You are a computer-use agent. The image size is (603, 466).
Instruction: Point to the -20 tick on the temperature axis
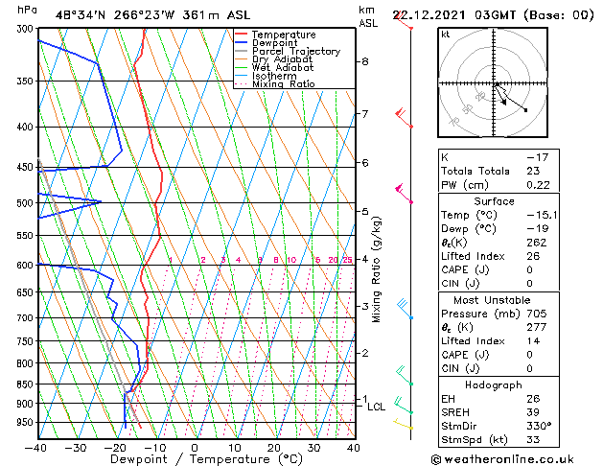115,447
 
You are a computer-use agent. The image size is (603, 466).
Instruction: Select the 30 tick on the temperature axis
313,447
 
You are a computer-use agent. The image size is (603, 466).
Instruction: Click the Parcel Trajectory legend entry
295,52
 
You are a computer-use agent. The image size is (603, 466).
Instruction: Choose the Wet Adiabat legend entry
283,68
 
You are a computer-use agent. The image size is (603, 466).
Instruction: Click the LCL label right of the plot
377,407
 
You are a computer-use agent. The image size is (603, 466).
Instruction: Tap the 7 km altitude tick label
364,115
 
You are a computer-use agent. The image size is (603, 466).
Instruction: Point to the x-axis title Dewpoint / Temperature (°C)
196,459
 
